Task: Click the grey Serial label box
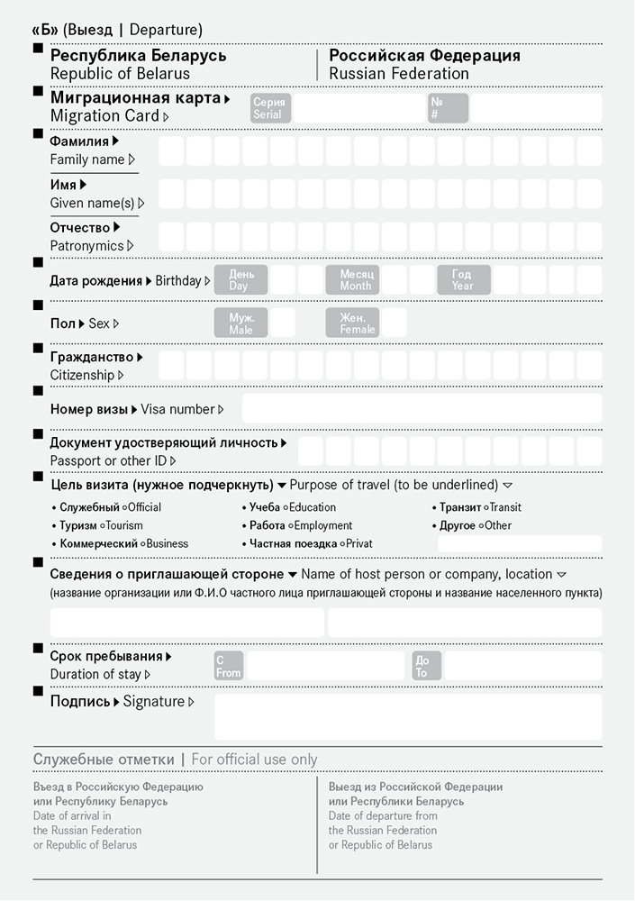[268, 109]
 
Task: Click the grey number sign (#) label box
[448, 109]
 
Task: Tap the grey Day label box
[241, 280]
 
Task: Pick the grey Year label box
[464, 280]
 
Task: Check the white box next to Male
[283, 323]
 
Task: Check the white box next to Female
[395, 323]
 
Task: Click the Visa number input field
[422, 408]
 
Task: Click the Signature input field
[407, 716]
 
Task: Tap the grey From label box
[229, 666]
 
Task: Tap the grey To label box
[426, 666]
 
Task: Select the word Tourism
[124, 525]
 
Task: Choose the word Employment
[323, 525]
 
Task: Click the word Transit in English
[505, 507]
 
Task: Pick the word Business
[167, 543]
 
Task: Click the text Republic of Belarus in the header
[120, 74]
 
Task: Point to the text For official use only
[254, 760]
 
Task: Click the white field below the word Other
[520, 543]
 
